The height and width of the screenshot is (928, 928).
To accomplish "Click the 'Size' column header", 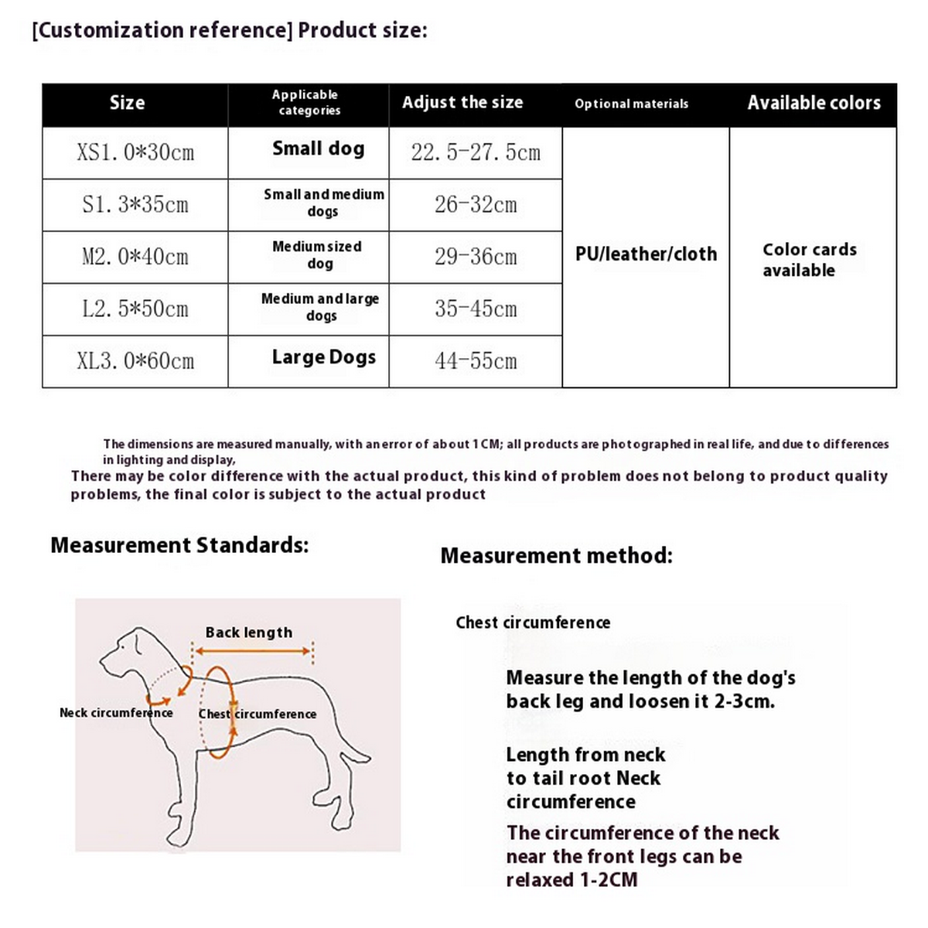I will [x=128, y=103].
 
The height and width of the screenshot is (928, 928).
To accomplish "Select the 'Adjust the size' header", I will [x=462, y=103].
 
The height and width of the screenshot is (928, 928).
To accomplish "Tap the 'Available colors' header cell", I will [x=814, y=103].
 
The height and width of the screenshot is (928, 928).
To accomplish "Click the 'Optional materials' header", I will [x=631, y=104].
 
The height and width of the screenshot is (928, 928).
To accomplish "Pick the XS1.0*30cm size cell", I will [x=135, y=152].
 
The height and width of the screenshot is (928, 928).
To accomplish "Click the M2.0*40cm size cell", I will [x=135, y=257].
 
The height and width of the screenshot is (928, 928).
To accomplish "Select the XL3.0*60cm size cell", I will [x=135, y=361].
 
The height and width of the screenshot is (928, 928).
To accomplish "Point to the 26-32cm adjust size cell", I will [x=476, y=205].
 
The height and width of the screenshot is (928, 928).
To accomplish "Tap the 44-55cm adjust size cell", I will [x=476, y=361].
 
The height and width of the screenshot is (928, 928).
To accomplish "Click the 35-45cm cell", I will [x=476, y=309].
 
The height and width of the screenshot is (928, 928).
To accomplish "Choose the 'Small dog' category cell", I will [x=318, y=148].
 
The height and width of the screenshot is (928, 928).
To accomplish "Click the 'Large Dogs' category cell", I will [x=323, y=357].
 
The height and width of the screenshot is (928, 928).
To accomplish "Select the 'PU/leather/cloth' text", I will [x=646, y=254].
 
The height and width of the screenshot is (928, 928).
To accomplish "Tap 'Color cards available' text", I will [x=809, y=260].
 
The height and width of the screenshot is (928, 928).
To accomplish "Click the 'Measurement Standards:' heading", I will [x=179, y=545].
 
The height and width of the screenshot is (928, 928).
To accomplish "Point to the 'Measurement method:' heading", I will [x=556, y=555].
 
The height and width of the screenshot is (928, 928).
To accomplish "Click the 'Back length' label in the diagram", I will [x=249, y=633].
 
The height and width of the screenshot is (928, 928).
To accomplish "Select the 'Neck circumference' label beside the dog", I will [x=116, y=713].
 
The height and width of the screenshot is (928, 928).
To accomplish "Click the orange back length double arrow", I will [x=251, y=651].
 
